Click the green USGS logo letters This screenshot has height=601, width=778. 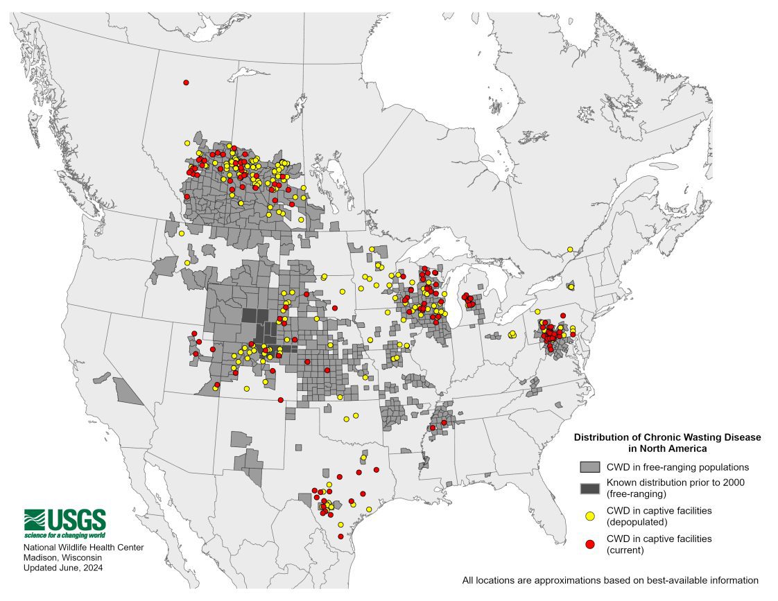click(76, 519)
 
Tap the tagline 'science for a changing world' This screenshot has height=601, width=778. click(64, 535)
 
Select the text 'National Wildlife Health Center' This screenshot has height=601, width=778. click(84, 548)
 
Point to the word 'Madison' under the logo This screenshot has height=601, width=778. click(42, 557)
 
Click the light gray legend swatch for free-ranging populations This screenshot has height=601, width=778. click(589, 467)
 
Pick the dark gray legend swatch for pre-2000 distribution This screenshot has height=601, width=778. click(589, 488)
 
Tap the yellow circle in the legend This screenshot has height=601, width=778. click(590, 516)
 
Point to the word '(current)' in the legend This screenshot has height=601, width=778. click(625, 550)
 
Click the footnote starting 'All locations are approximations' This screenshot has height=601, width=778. click(610, 580)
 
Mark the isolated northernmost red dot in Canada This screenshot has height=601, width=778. click(186, 82)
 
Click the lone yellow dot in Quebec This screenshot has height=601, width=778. click(569, 250)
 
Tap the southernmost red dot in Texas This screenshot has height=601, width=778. click(340, 536)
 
